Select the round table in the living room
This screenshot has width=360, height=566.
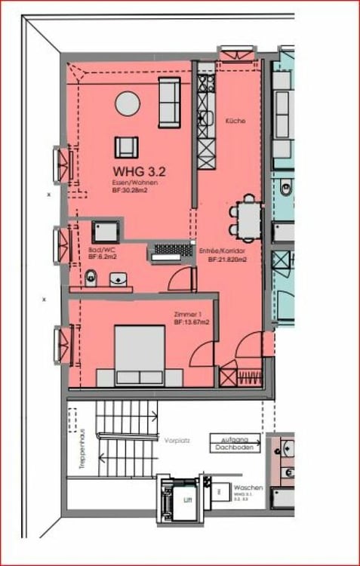click(127, 103)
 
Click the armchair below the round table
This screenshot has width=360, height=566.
click(126, 146)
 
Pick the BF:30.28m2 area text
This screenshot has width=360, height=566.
click(129, 192)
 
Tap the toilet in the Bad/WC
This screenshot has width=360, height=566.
click(91, 280)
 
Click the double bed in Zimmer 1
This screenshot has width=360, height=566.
click(140, 355)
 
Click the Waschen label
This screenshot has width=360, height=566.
click(248, 488)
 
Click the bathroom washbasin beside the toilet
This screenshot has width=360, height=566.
click(119, 281)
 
